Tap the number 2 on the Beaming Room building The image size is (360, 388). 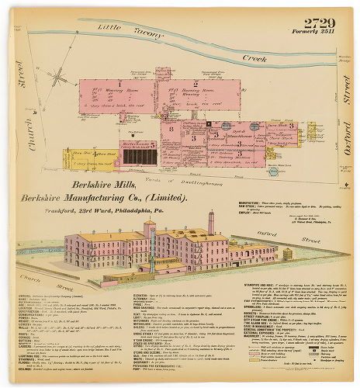[x=195, y=82]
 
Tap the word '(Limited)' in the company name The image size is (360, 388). [x=171, y=198]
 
